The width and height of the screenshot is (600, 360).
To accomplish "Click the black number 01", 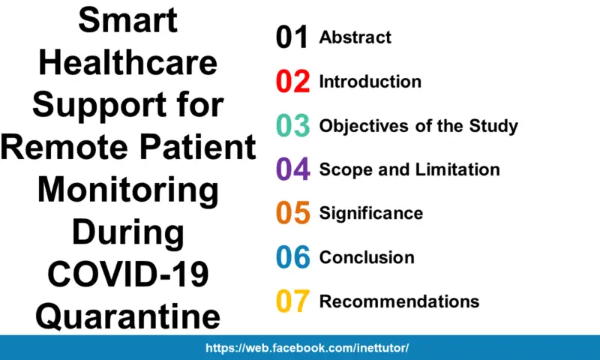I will (292, 37).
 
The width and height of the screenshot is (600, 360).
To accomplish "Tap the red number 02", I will (292, 82).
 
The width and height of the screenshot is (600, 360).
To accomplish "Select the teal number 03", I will (292, 125).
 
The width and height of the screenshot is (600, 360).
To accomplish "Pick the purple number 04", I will (292, 169).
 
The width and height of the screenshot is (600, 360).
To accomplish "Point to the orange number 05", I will (292, 213).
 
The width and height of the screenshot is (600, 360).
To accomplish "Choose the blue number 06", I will (292, 257).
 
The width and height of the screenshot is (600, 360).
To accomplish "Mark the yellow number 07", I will (292, 301).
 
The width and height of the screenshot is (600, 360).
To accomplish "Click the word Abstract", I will (355, 37).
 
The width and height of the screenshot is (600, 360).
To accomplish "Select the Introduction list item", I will (370, 81).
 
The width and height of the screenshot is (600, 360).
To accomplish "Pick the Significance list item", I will (371, 213).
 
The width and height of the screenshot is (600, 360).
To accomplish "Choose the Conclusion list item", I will (367, 257).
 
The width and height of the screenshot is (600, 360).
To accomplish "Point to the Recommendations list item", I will (399, 301).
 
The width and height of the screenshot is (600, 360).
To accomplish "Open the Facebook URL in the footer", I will (307, 349).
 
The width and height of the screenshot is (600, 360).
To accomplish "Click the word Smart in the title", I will (128, 20).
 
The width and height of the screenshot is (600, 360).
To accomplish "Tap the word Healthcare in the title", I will (128, 63).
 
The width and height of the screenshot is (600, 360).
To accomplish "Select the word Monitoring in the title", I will (128, 190).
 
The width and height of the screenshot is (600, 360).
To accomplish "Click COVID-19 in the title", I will (128, 274).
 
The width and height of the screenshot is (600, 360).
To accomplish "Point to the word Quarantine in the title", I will (128, 316).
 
